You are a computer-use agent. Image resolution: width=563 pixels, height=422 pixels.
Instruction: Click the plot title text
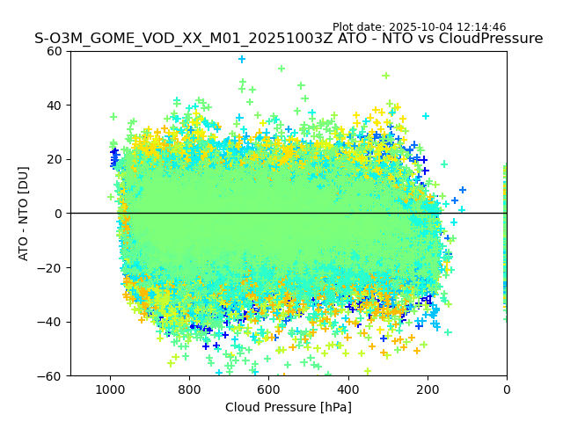pos(289,39)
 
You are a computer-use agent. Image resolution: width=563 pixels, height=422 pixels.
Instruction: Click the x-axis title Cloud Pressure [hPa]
pos(289,407)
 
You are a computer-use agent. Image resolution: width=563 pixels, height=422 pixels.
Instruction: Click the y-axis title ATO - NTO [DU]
pos(24,214)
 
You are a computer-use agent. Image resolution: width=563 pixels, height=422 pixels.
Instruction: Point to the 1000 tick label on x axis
pos(110,389)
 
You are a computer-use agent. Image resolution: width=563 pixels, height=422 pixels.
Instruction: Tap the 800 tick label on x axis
pos(189,389)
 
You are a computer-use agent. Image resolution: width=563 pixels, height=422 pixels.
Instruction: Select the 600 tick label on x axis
pos(268,389)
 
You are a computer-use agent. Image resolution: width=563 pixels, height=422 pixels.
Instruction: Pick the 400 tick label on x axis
pos(348,389)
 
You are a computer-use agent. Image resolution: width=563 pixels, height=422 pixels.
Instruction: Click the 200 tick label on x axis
pos(428,389)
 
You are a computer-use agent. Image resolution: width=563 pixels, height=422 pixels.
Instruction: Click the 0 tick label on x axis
pos(507,389)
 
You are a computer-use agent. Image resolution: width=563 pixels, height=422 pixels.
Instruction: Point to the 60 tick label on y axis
pos(55,51)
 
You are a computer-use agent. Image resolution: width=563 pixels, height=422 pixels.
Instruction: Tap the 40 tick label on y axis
pos(55,105)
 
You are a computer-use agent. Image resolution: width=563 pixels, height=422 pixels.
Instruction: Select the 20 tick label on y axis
pos(55,159)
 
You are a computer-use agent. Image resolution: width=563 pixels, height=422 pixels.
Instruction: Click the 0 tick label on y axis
pos(58,214)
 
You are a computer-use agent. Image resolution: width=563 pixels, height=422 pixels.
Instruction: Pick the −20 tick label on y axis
pos(51,268)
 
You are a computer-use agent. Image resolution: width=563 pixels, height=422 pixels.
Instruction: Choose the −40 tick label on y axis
pos(51,322)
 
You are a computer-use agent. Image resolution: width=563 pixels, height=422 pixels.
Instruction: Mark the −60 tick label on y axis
pos(51,376)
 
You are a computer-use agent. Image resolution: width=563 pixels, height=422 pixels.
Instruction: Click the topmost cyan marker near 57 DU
pos(242,60)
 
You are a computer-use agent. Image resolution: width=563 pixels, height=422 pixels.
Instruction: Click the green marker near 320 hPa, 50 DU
pos(385,76)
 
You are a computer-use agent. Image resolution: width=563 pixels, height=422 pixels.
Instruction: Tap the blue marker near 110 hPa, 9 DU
pos(463,190)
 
